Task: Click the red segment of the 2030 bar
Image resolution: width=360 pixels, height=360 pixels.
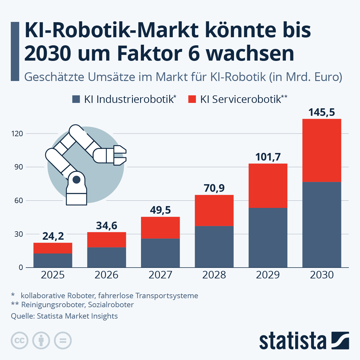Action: pyautogui.click(x=322, y=150)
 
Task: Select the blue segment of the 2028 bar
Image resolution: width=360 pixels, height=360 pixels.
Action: pyautogui.click(x=214, y=247)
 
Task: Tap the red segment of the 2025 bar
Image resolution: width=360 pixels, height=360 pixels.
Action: pyautogui.click(x=53, y=248)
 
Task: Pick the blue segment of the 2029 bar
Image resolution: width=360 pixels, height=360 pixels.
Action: pyautogui.click(x=268, y=238)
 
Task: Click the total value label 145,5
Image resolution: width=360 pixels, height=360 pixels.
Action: pyautogui.click(x=322, y=112)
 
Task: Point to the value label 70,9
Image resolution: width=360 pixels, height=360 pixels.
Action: pyautogui.click(x=214, y=188)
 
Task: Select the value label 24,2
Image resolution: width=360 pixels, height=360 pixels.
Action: pyautogui.click(x=53, y=236)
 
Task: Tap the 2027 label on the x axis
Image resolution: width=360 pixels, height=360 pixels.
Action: pyautogui.click(x=160, y=275)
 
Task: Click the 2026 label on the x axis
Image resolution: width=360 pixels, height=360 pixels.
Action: pyautogui.click(x=106, y=275)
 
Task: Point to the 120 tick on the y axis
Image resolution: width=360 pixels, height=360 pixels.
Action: pyautogui.click(x=17, y=134)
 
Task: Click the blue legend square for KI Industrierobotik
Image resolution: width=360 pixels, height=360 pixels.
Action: pyautogui.click(x=76, y=99)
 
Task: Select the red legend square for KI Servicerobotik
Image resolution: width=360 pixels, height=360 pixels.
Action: pyautogui.click(x=192, y=99)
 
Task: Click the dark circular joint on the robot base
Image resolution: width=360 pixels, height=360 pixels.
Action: pyautogui.click(x=76, y=180)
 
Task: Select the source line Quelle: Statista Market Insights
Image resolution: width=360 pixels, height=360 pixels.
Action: pyautogui.click(x=64, y=316)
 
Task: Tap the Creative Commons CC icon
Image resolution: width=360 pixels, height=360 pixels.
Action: pyautogui.click(x=19, y=341)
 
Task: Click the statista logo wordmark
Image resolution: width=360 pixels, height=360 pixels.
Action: pyautogui.click(x=292, y=341)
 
